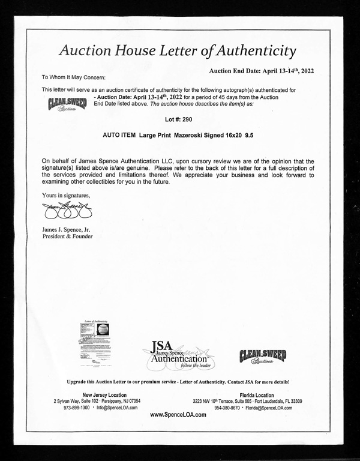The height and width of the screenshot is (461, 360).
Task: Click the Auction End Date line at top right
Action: point(262,70)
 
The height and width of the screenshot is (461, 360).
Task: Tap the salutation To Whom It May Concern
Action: point(73,77)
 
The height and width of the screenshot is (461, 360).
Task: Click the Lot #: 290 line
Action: point(179,119)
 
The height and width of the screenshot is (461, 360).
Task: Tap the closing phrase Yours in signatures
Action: point(66,195)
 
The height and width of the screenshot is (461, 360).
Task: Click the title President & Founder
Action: point(67,237)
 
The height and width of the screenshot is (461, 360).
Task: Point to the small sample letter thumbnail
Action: point(92,340)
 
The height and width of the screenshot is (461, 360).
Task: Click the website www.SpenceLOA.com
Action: point(179,415)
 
